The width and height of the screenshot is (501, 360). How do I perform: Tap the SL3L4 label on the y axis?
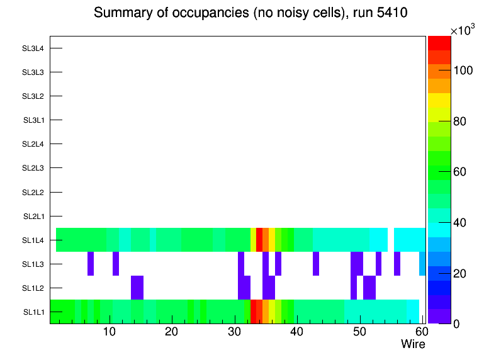[x=33, y=48]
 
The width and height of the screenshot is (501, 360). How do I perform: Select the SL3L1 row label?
[x=33, y=120]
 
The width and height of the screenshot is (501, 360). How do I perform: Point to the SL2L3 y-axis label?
[x=33, y=168]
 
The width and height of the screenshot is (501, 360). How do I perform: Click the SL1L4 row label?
[x=33, y=240]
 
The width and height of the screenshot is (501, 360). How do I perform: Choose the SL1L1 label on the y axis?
[x=33, y=312]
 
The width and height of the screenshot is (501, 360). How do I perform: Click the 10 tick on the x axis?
[x=110, y=332]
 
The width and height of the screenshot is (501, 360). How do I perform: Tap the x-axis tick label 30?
[x=234, y=332]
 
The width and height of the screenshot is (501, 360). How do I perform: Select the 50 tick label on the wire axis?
[x=359, y=332]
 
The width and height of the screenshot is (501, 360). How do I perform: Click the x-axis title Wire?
[x=413, y=344]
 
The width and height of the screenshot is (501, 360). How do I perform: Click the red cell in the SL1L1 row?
[x=254, y=312]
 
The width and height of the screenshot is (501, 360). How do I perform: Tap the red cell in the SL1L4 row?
[x=259, y=240]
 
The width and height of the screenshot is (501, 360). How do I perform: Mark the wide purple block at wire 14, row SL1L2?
[x=137, y=288]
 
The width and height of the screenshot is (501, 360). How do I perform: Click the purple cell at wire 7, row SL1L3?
[x=91, y=264]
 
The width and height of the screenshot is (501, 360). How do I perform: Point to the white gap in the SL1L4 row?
[x=391, y=240]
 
